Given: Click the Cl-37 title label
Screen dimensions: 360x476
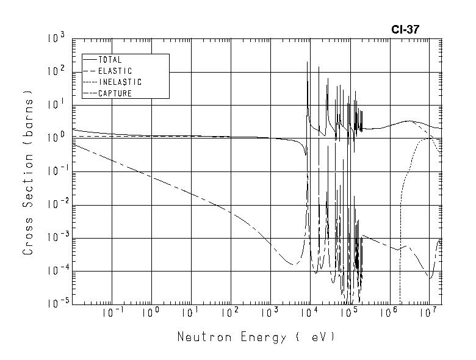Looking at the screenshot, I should (x=405, y=29).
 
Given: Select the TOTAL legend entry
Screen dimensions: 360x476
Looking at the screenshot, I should (x=110, y=60).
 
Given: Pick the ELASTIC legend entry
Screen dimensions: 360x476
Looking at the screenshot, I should (x=115, y=71).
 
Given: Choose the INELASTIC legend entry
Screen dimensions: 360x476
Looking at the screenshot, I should (x=120, y=82).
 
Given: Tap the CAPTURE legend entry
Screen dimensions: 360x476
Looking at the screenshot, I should (x=115, y=93).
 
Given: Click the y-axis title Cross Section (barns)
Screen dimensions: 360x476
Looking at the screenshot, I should (x=28, y=173).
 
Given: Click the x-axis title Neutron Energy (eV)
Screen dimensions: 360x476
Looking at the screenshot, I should (x=256, y=337).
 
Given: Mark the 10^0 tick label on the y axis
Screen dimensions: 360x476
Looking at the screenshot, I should (x=56, y=139).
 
